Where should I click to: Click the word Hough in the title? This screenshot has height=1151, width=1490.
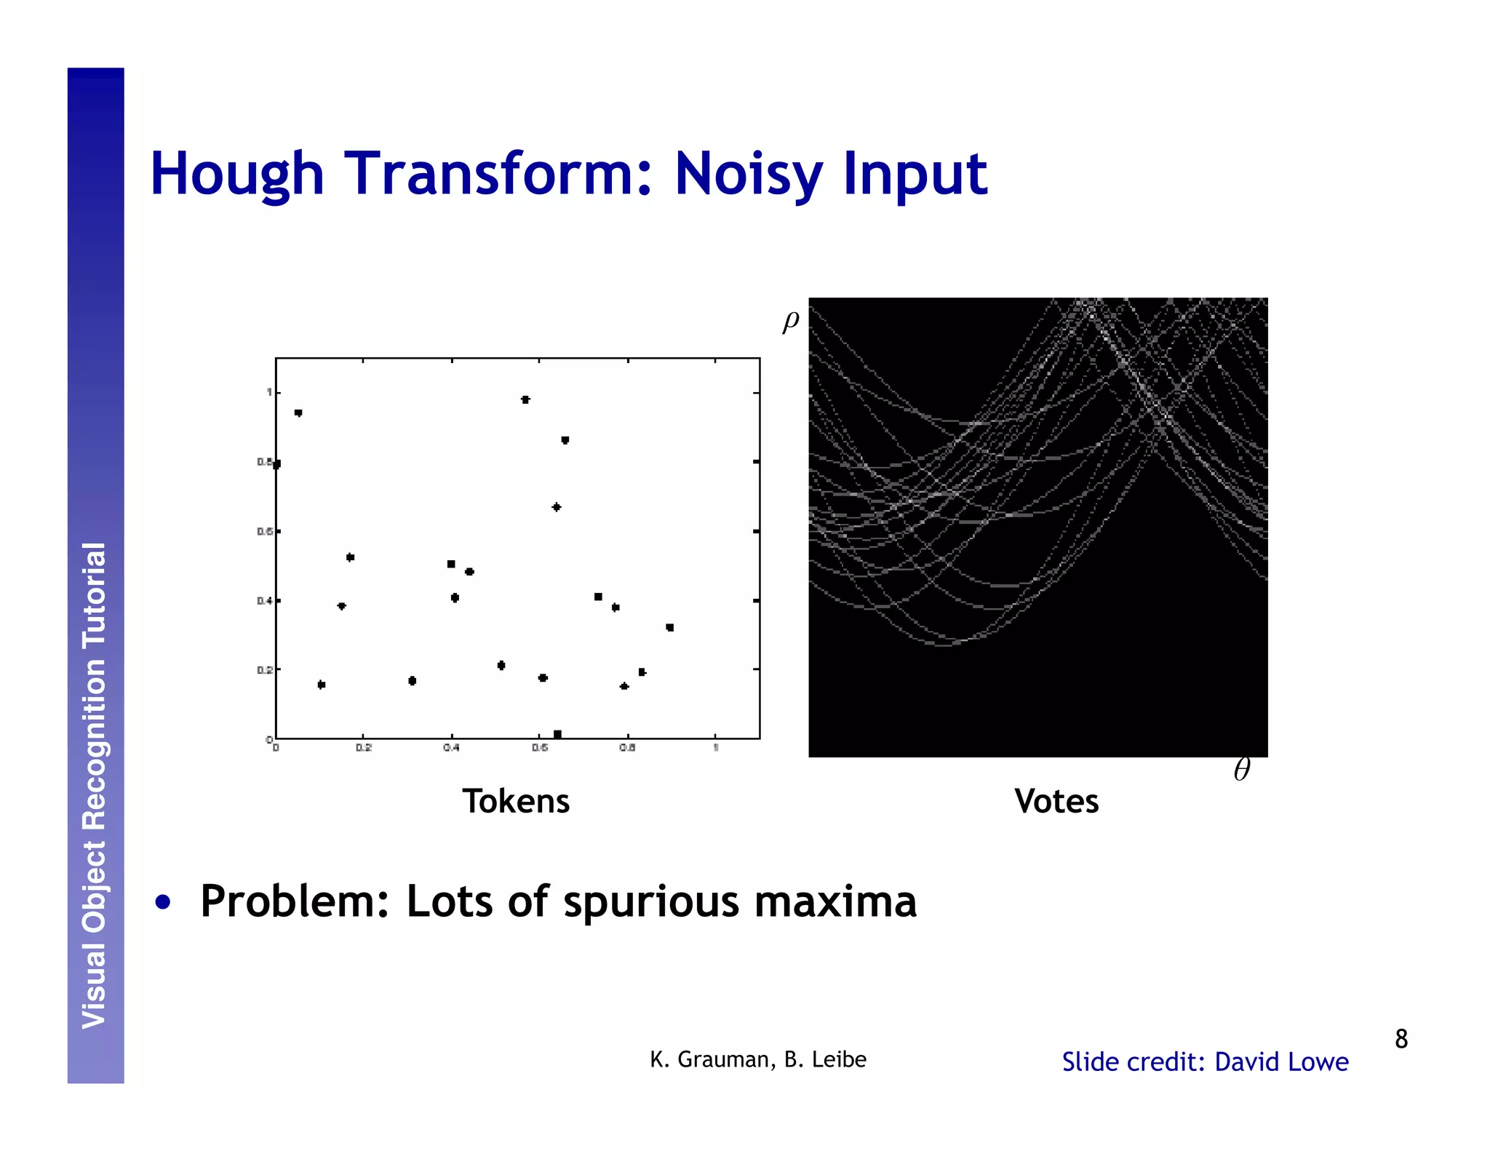[x=236, y=175]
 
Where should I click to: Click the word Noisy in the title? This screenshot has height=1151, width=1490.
[x=749, y=175]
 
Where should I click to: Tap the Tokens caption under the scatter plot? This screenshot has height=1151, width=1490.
[x=516, y=801]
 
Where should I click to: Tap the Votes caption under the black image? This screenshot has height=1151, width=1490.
[x=1056, y=801]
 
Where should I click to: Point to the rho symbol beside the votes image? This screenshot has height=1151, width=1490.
[x=791, y=320]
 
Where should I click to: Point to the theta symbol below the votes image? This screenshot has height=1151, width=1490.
[x=1242, y=770]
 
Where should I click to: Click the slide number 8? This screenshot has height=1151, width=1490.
[x=1401, y=1039]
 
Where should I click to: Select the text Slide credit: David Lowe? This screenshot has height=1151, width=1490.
[x=1205, y=1062]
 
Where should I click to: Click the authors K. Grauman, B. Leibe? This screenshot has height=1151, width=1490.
[x=758, y=1059]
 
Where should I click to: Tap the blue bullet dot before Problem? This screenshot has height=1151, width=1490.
[x=163, y=902]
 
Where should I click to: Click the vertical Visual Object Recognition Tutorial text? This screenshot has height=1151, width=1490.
[x=95, y=786]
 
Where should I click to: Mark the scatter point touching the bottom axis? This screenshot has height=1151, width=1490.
[x=557, y=734]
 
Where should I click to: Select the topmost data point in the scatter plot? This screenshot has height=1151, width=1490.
[x=525, y=399]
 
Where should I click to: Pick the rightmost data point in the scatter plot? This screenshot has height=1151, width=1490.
[x=670, y=627]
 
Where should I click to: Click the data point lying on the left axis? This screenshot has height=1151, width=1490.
[x=276, y=464]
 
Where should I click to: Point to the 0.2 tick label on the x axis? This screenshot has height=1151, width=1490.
[x=364, y=748]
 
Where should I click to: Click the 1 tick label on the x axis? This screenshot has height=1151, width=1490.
[x=716, y=748]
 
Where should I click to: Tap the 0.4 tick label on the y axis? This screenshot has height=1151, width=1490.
[x=264, y=601]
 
